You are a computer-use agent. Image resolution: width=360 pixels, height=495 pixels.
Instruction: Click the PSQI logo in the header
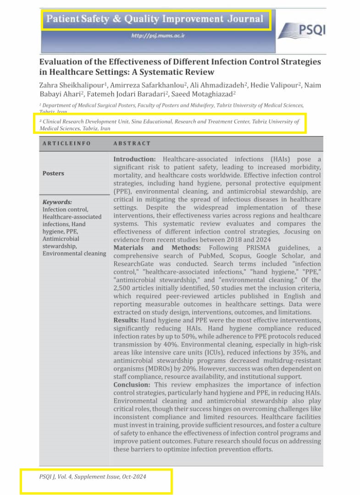point(302,30)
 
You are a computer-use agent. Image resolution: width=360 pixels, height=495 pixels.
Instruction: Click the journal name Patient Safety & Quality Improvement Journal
point(155,19)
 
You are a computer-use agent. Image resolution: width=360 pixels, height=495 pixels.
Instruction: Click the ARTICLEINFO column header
point(66,143)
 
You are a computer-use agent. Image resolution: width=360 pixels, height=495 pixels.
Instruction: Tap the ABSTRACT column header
point(132,143)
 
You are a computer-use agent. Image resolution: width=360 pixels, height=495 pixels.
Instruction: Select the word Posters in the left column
point(53,173)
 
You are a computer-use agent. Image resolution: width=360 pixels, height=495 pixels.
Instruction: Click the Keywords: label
point(57,202)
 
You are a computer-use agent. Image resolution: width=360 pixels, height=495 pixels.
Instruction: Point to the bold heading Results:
point(126,319)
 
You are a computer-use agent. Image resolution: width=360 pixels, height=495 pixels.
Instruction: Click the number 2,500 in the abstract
point(124,287)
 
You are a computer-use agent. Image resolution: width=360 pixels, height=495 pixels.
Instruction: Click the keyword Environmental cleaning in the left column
point(74,253)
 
